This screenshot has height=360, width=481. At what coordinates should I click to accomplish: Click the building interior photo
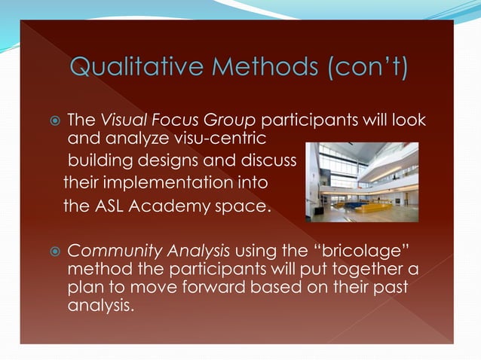[362, 182]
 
